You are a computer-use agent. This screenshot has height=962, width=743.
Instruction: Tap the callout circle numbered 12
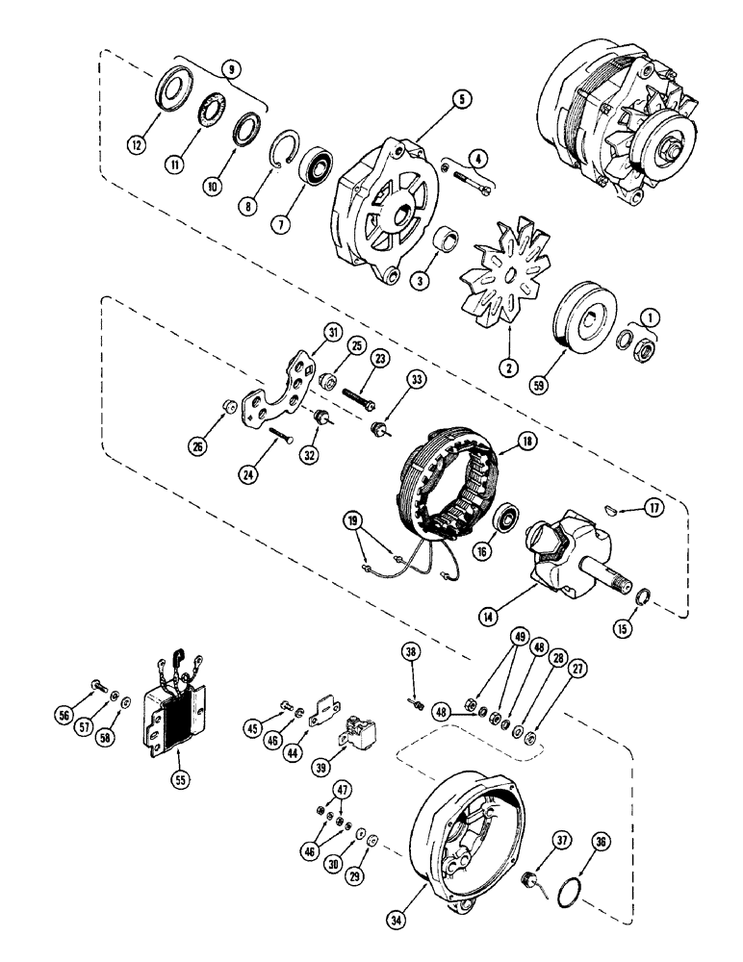tap(141, 145)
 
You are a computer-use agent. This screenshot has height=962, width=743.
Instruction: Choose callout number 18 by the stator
tap(526, 440)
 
